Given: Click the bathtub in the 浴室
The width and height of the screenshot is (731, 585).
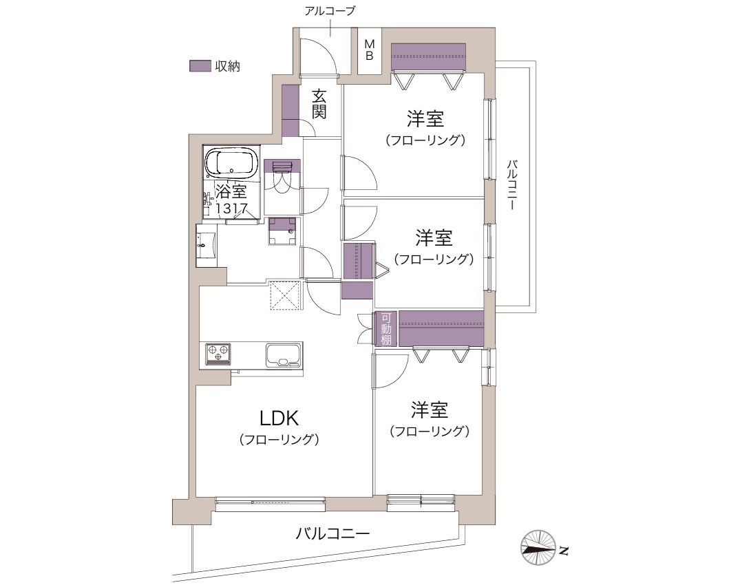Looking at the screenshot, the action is pos(232,163).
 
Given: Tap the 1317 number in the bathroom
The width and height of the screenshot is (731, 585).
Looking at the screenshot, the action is pos(232,209).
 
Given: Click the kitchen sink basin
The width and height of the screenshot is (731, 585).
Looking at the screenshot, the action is pos(284,355).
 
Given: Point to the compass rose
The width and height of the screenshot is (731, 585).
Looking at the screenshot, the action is pos(538,548).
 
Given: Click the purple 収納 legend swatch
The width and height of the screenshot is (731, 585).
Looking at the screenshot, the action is pos(200,66).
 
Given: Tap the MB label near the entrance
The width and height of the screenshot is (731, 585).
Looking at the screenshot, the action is pos(369,50).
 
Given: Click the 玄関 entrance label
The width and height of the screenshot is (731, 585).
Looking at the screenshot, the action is pos(319,104).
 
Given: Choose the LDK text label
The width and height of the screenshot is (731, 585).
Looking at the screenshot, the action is pos(279,418).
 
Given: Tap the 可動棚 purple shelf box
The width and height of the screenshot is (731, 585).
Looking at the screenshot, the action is pos(386,329).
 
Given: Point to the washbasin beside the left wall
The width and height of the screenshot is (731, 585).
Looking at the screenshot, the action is pos(206,244).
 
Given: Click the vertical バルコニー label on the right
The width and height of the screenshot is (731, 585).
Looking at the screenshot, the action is pos(512,184).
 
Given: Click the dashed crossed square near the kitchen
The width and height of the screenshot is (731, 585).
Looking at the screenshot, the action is pos(285,295).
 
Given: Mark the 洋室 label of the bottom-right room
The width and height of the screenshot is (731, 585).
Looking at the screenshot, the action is pos(430,410).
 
